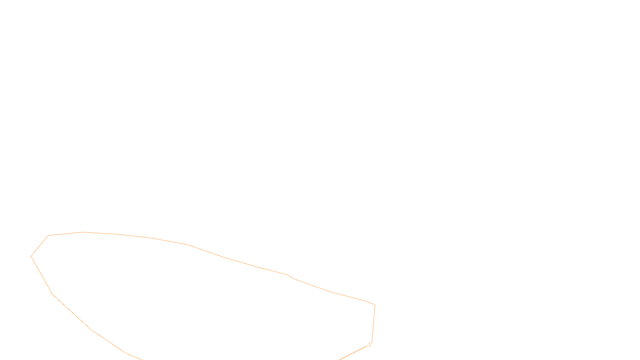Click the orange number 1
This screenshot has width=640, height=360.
pos(370,345)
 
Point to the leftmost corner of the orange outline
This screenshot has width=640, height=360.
pos(31,256)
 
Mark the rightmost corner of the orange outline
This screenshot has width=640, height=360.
pos(375,305)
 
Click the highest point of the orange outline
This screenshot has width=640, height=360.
pos(82,232)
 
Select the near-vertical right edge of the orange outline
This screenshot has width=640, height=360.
pos(373,324)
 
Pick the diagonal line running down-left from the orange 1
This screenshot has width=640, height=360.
pos(354,352)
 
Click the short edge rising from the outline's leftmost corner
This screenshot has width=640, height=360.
pos(40,246)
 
